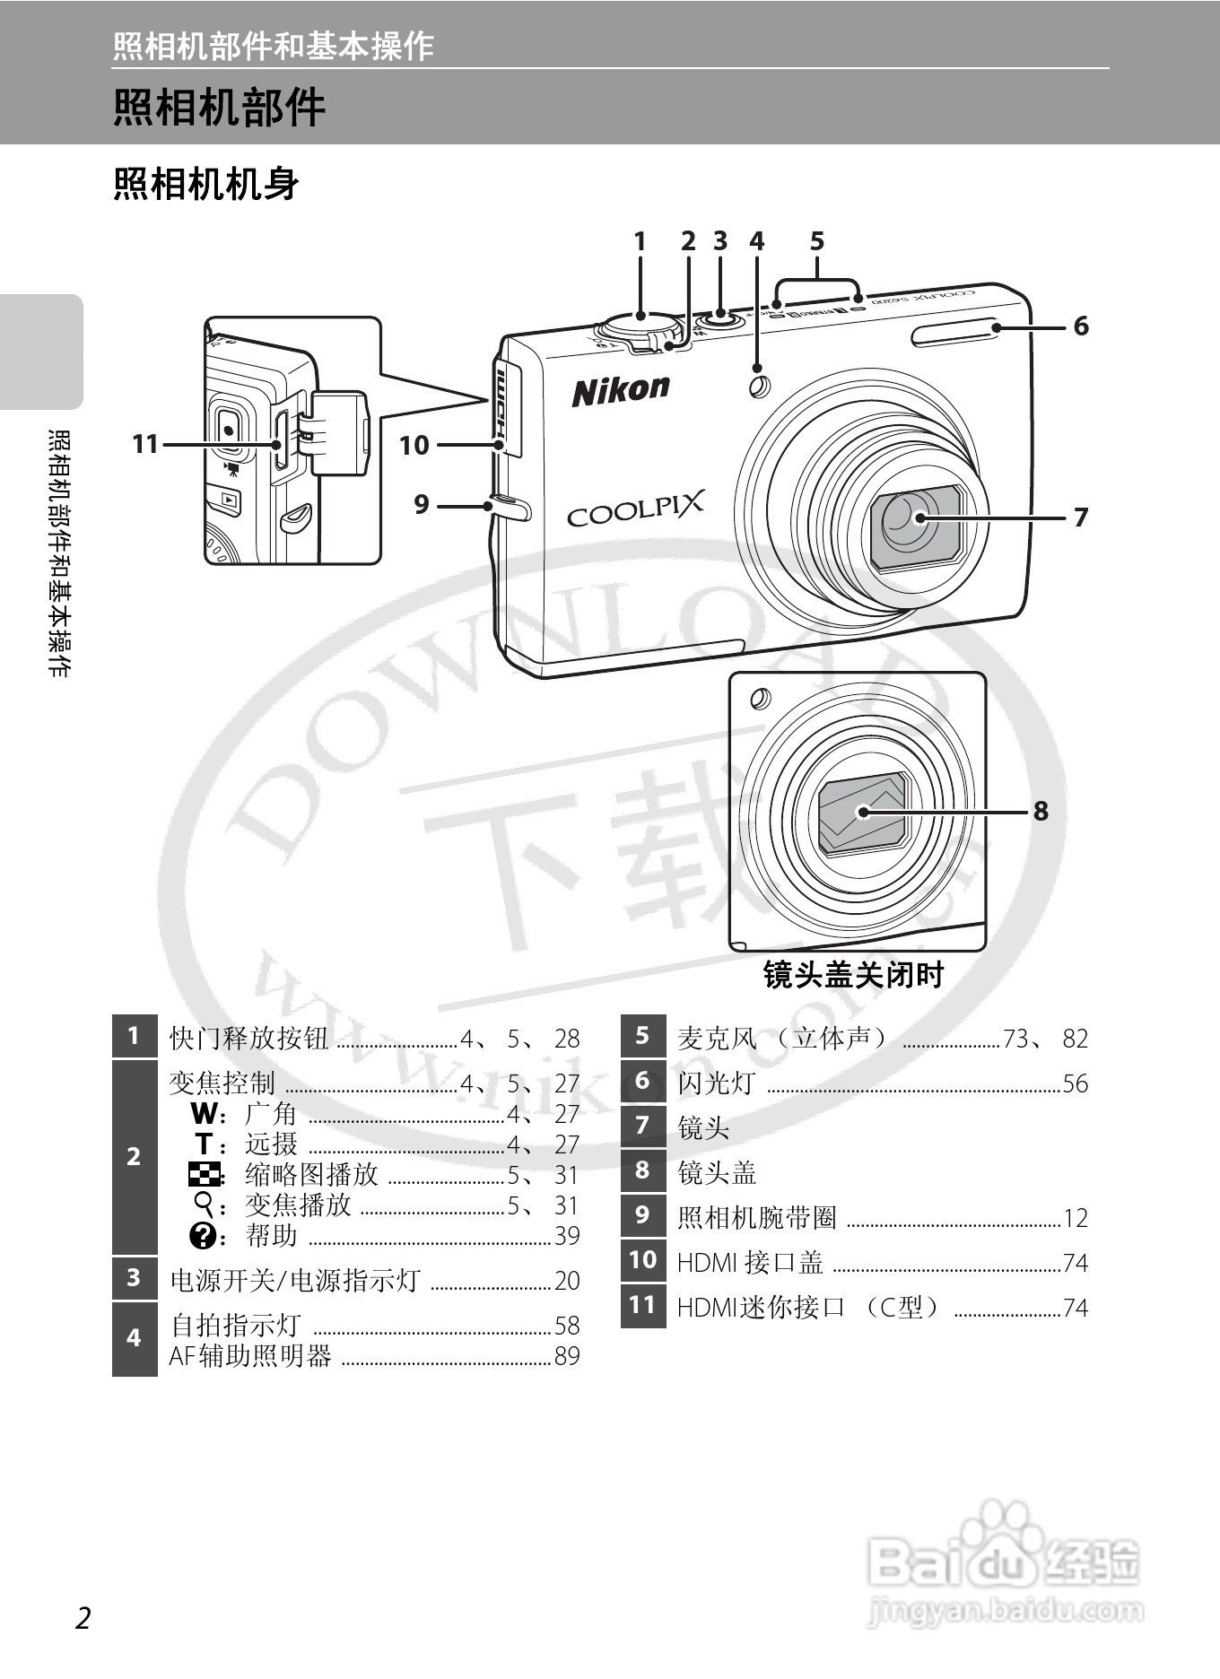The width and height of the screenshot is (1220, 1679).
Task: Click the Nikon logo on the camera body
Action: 621,389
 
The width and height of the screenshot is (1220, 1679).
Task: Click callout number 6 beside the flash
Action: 1081,326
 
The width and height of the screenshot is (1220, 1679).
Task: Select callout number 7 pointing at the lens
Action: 1081,517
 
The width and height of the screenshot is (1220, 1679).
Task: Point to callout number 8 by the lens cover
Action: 1040,811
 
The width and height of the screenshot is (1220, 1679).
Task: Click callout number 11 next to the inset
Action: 145,444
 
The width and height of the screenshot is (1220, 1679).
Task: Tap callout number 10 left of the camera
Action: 414,445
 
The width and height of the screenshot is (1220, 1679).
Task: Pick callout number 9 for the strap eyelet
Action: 422,504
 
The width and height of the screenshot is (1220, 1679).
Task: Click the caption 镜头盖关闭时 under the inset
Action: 853,975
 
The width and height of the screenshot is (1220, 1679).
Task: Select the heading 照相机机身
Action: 206,184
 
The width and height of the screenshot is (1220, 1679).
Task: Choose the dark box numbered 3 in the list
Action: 135,1277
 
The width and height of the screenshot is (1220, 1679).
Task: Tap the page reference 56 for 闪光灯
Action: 1075,1083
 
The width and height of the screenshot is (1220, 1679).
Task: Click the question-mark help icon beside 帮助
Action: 203,1236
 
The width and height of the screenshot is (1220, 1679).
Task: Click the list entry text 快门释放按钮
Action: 248,1038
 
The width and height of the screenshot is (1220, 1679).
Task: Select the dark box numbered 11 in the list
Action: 642,1305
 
